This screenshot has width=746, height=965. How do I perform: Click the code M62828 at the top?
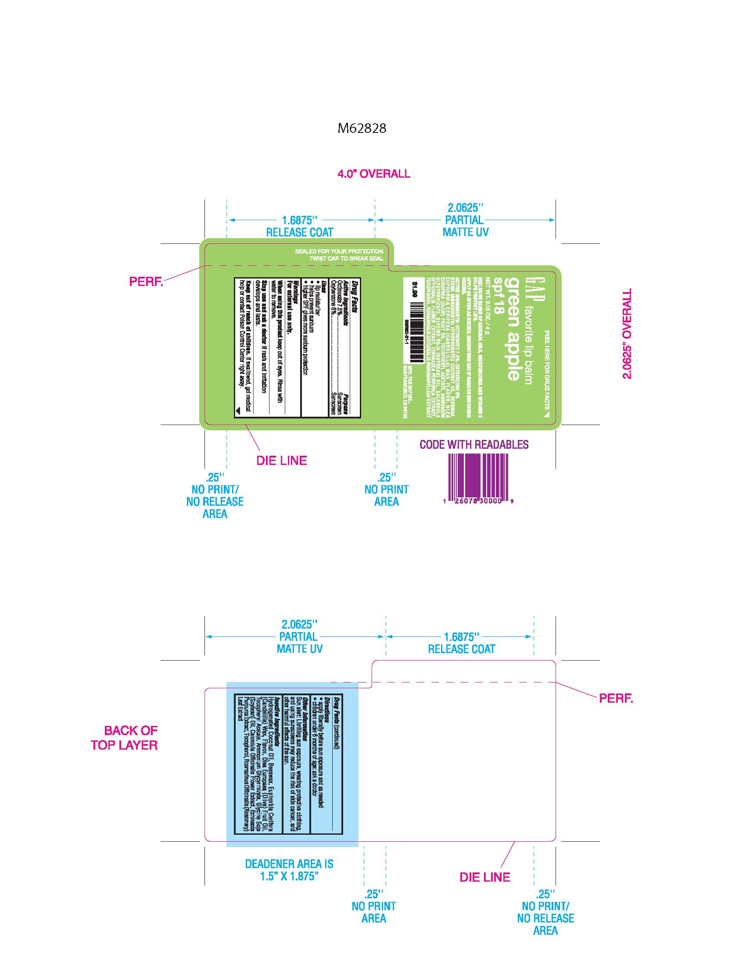[x=362, y=128]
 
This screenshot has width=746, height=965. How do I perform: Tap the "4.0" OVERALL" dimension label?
[x=373, y=174]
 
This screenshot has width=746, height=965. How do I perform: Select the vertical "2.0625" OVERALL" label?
[x=627, y=334]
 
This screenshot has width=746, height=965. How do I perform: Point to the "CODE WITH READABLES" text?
[x=474, y=444]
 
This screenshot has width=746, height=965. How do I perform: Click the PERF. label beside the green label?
[x=146, y=282]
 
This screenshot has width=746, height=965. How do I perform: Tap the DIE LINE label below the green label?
[x=282, y=461]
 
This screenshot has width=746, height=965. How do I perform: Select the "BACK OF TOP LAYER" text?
[x=125, y=738]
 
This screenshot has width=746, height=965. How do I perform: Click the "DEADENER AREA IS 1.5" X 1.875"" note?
[x=289, y=869]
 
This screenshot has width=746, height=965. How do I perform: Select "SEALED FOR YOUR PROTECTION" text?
[x=339, y=251]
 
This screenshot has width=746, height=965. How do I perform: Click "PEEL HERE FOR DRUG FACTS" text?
[x=547, y=371]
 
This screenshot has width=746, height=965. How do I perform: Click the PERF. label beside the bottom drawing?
[x=616, y=698]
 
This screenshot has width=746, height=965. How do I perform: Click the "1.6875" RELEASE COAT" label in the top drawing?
[x=300, y=226]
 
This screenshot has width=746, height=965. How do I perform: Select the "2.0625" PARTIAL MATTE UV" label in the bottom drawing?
[x=299, y=637]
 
